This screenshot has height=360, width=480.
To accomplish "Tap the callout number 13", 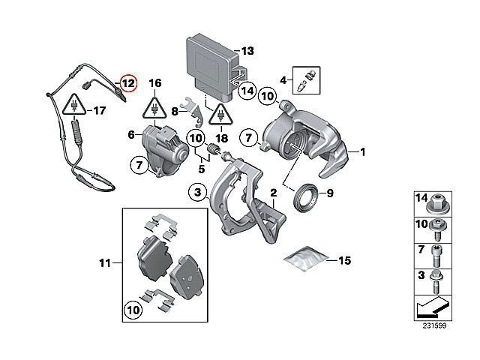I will [x=247, y=51].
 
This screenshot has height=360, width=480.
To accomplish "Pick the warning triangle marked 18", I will [x=220, y=115].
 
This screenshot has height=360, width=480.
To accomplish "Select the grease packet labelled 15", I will [x=306, y=259].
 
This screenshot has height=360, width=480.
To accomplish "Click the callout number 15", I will [x=345, y=261].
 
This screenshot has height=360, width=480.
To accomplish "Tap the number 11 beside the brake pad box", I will [x=104, y=262].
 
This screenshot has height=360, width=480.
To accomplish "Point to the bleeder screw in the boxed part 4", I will [x=305, y=79].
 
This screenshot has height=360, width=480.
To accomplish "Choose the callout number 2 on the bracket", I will [x=275, y=193].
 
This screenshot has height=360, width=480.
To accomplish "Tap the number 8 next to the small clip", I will [x=175, y=112].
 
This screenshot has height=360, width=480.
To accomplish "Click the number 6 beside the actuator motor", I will [x=130, y=135].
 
